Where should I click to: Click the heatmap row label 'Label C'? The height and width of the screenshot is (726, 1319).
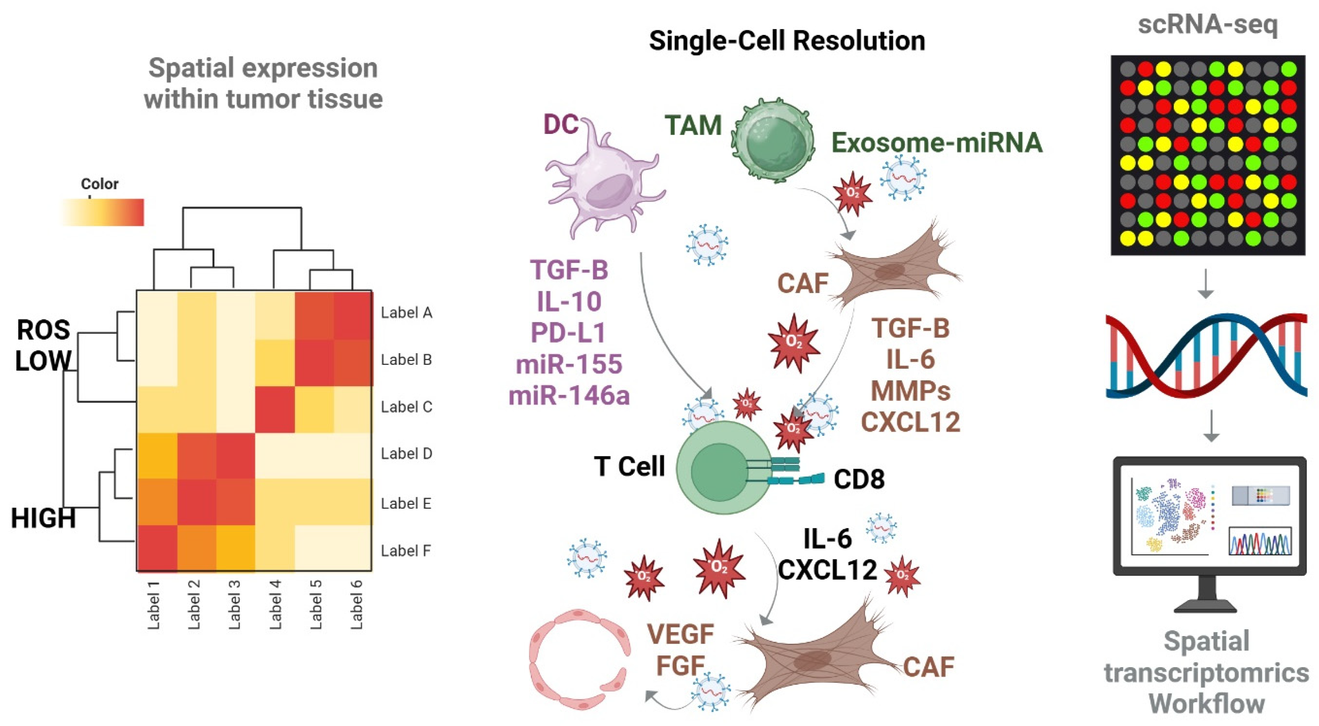(406, 407)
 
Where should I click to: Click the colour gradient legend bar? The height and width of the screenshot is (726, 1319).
(102, 212)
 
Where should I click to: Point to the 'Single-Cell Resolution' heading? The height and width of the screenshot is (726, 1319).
(787, 41)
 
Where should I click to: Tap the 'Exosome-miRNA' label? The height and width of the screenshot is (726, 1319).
(936, 143)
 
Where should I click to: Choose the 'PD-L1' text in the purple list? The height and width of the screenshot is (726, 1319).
(568, 333)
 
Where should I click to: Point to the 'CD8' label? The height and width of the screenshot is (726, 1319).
(859, 479)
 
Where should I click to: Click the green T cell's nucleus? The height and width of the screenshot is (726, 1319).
(717, 471)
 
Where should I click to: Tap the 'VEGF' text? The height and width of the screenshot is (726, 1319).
(680, 635)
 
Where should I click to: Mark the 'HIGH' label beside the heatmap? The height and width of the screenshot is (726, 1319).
(44, 518)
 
